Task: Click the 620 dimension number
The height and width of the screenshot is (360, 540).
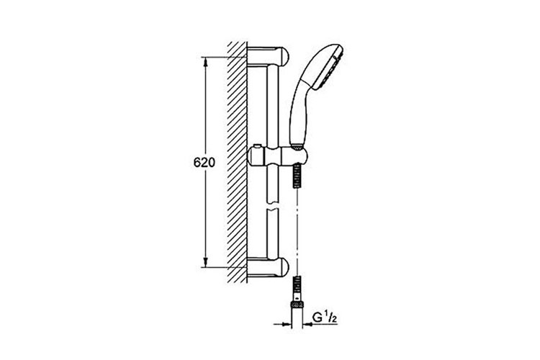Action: click(204, 162)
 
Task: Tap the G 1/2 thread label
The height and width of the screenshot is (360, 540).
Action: click(325, 318)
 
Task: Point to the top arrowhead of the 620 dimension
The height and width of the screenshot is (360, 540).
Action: click(206, 62)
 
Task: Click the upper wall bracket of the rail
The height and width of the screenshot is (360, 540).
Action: click(268, 56)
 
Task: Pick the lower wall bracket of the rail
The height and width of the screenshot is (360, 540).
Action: click(268, 267)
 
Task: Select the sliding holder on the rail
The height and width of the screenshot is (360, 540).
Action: click(277, 156)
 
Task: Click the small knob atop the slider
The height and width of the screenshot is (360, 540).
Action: click(256, 147)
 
